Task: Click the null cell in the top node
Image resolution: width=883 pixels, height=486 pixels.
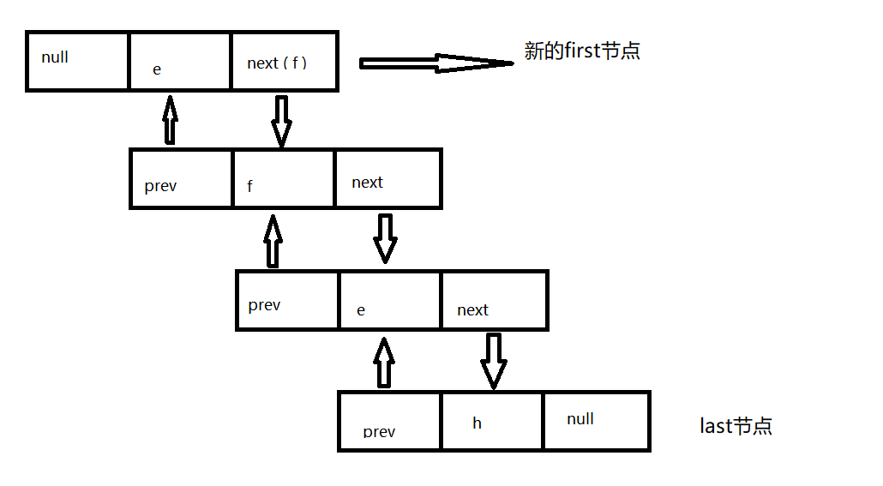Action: [x=78, y=61]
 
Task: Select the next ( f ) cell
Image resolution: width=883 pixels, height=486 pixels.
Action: [x=284, y=61]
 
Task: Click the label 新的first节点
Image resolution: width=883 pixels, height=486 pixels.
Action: [x=582, y=51]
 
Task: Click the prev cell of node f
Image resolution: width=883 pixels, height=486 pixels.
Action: [x=181, y=178]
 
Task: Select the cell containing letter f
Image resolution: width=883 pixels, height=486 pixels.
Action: [x=283, y=178]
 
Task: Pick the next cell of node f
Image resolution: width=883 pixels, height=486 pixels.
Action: [x=387, y=178]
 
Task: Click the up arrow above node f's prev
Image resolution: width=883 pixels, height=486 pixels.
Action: [x=170, y=119]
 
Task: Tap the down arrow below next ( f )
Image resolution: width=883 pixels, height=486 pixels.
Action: [x=281, y=120]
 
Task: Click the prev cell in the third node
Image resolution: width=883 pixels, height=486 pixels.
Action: [x=287, y=301]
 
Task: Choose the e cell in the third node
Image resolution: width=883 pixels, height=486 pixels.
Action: [x=390, y=301]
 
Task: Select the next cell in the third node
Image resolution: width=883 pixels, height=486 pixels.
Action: [x=494, y=301]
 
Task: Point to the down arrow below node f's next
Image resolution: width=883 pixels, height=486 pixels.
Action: [x=385, y=237]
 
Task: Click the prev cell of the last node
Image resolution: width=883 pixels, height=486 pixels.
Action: [x=390, y=421]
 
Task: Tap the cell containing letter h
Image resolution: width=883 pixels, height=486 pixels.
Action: [x=492, y=421]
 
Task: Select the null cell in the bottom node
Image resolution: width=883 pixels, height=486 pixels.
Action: [x=596, y=421]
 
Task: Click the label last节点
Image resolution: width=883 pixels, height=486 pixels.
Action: [x=736, y=426]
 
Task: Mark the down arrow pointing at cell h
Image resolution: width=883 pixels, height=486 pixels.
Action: [x=493, y=360]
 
